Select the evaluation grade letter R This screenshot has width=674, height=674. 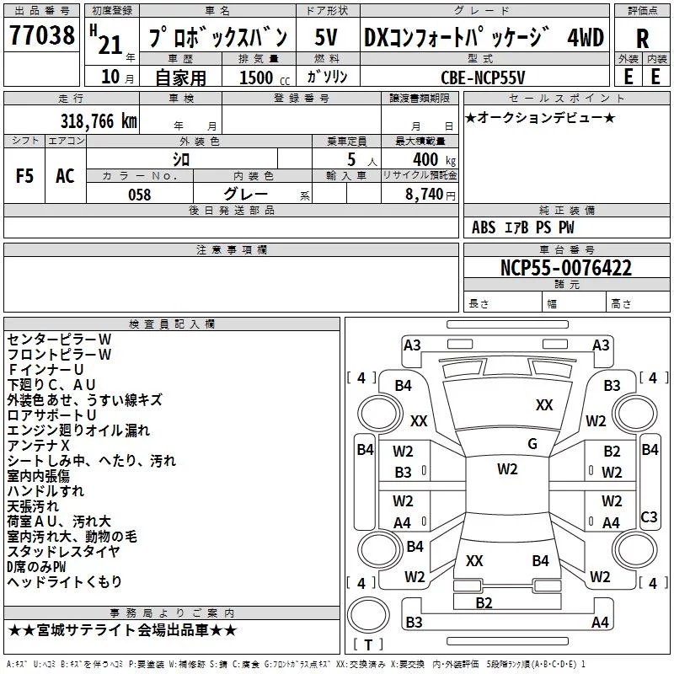pos(642,38)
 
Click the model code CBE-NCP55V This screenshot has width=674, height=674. pos(483,77)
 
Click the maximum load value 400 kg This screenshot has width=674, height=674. pos(431,159)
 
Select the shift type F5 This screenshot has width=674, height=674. pos(24,176)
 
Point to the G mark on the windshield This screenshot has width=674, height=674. pos(532,444)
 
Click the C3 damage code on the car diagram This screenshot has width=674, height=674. pos(649,516)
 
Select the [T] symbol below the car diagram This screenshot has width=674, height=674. pos(368,645)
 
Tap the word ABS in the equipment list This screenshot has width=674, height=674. pos(484,227)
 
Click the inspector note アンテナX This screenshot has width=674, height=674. pos(39,446)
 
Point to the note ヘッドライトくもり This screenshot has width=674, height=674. pos(65,581)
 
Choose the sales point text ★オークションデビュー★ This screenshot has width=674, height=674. pos(540,117)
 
